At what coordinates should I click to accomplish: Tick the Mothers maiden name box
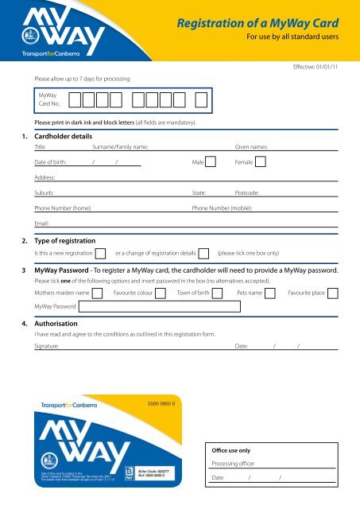pyautogui.click(x=99, y=293)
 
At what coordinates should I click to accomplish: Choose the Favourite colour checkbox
pyautogui.click(x=161, y=293)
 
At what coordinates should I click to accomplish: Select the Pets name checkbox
pyautogui.click(x=270, y=293)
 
